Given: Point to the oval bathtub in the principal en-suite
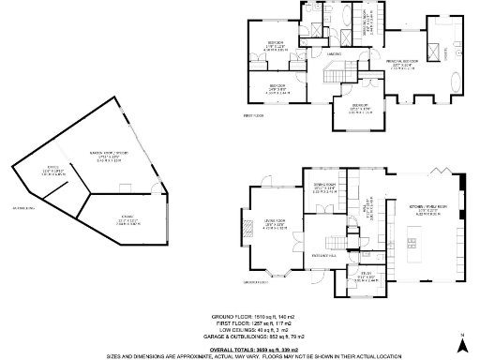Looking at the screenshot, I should (x=457, y=82).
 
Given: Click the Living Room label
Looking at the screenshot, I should (x=274, y=223).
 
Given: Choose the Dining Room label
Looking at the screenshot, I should (x=325, y=186).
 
